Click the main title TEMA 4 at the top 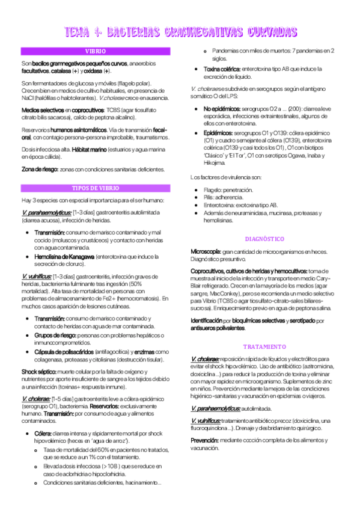click(180, 31)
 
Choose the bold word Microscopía click(207, 251)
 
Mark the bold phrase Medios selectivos click(42, 111)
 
